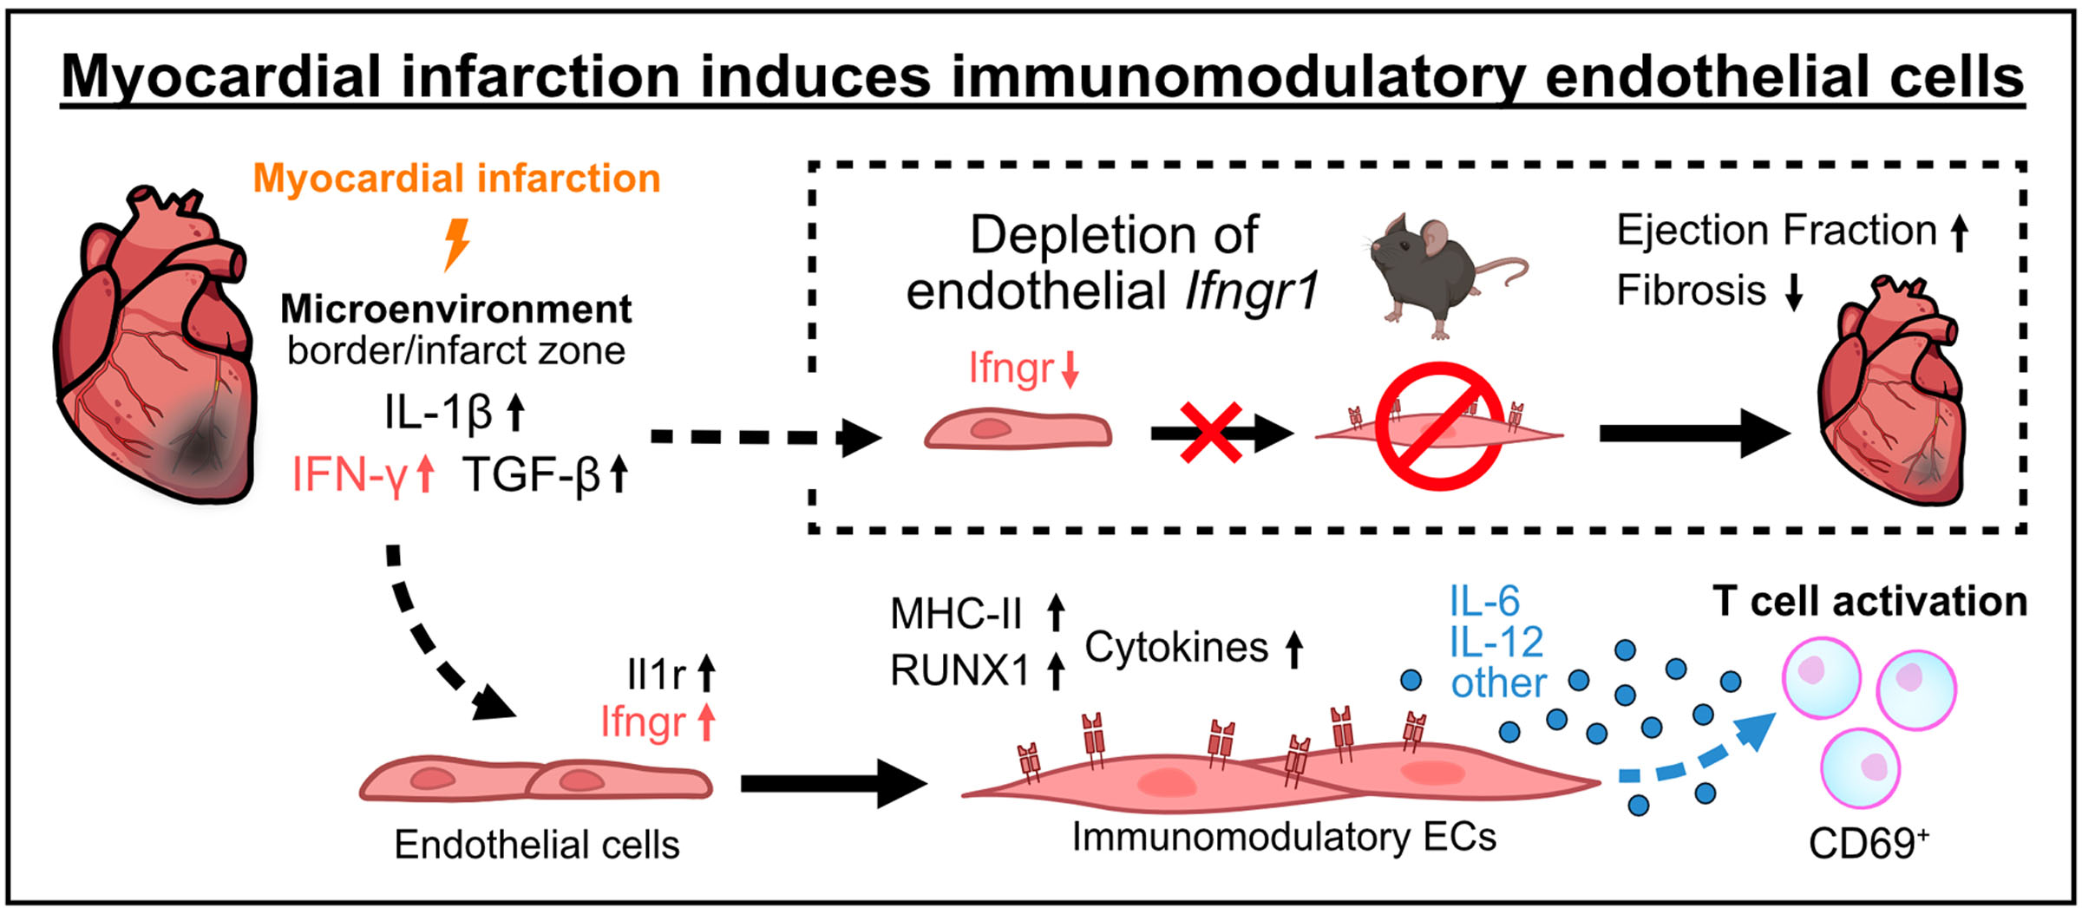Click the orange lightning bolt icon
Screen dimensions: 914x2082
[456, 244]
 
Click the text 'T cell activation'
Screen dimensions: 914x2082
[1869, 602]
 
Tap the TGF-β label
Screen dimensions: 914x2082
[531, 475]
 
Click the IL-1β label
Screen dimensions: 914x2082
[439, 413]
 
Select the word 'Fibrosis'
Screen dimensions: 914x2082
[1691, 291]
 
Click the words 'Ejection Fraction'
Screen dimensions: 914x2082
[1776, 231]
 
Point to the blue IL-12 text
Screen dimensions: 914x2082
[1496, 643]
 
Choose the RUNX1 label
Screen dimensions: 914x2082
[959, 670]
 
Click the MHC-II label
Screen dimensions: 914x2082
[956, 614]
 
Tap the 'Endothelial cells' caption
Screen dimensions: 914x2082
[536, 845]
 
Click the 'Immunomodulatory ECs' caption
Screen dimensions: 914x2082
[1284, 838]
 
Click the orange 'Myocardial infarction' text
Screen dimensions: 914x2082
[456, 179]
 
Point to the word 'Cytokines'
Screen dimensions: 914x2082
[1176, 647]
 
